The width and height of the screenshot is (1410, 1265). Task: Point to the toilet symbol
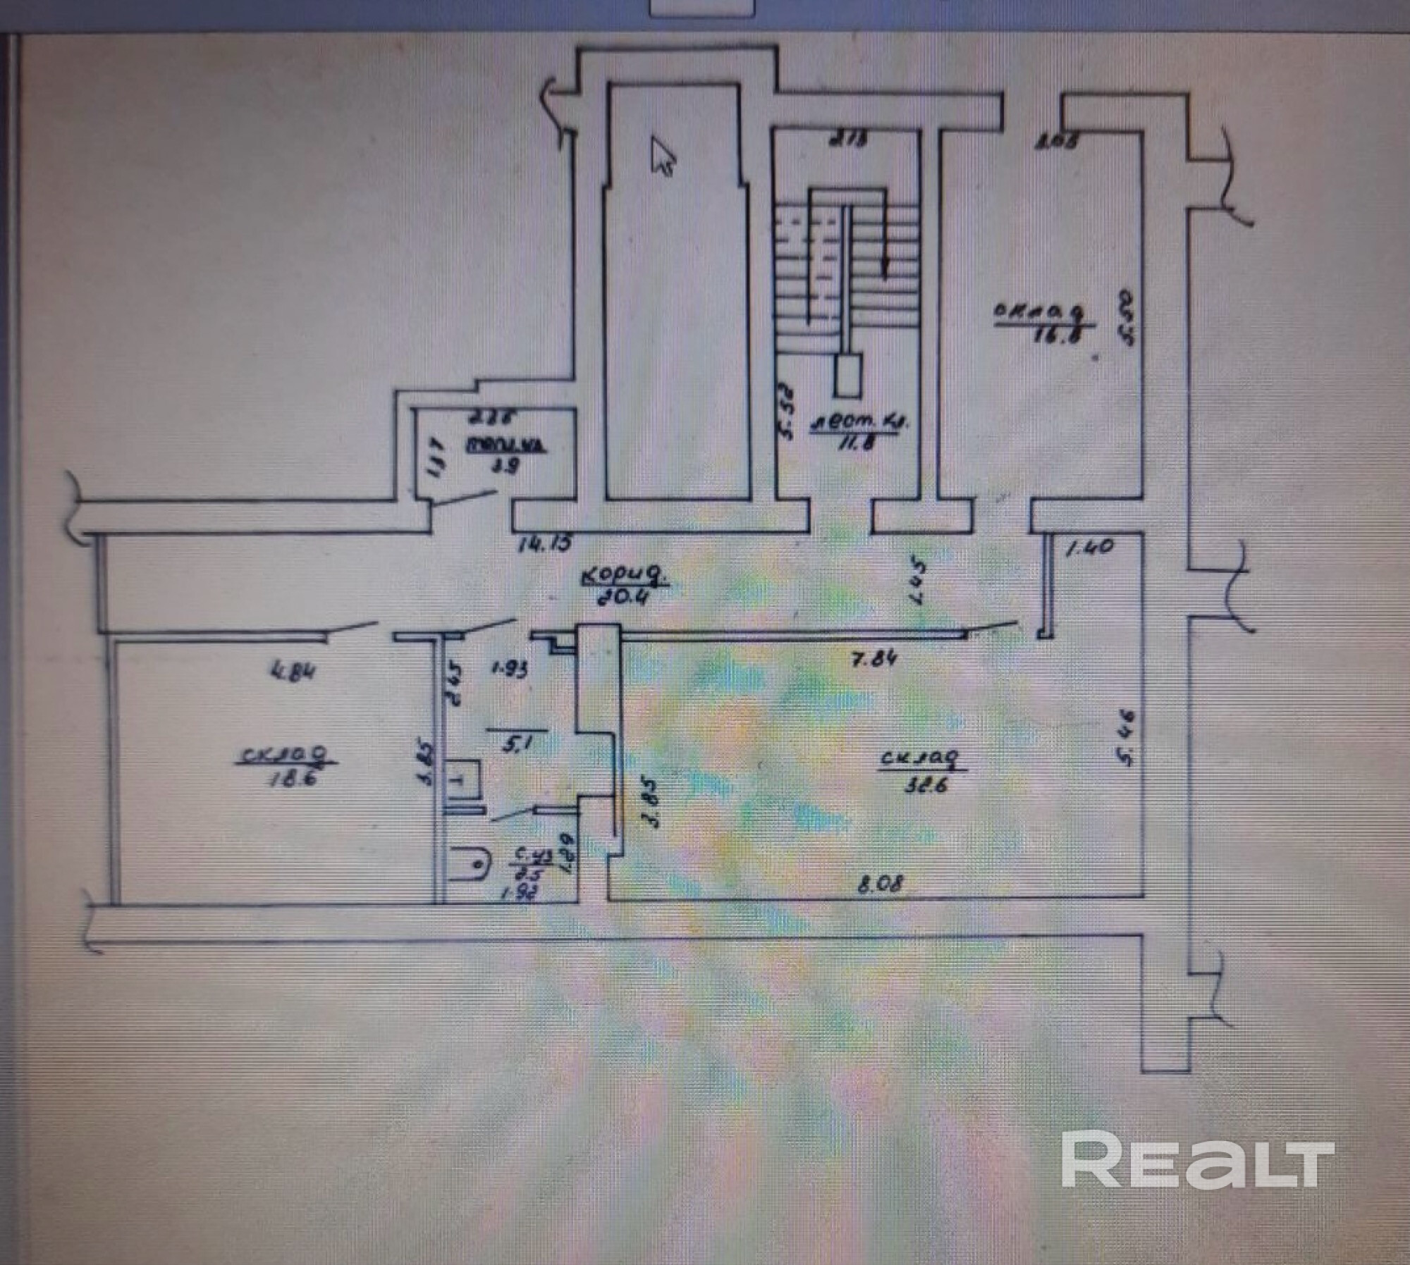coord(470,861)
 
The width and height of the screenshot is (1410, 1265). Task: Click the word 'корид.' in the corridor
coord(623,576)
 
